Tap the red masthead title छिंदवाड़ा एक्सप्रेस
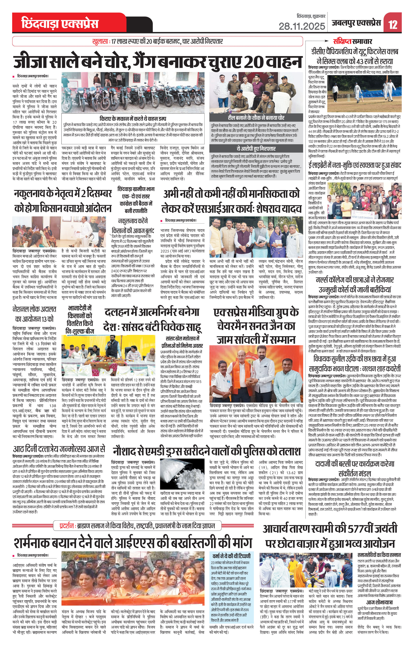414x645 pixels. click(x=60, y=24)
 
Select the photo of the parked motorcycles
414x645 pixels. click(x=133, y=93)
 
